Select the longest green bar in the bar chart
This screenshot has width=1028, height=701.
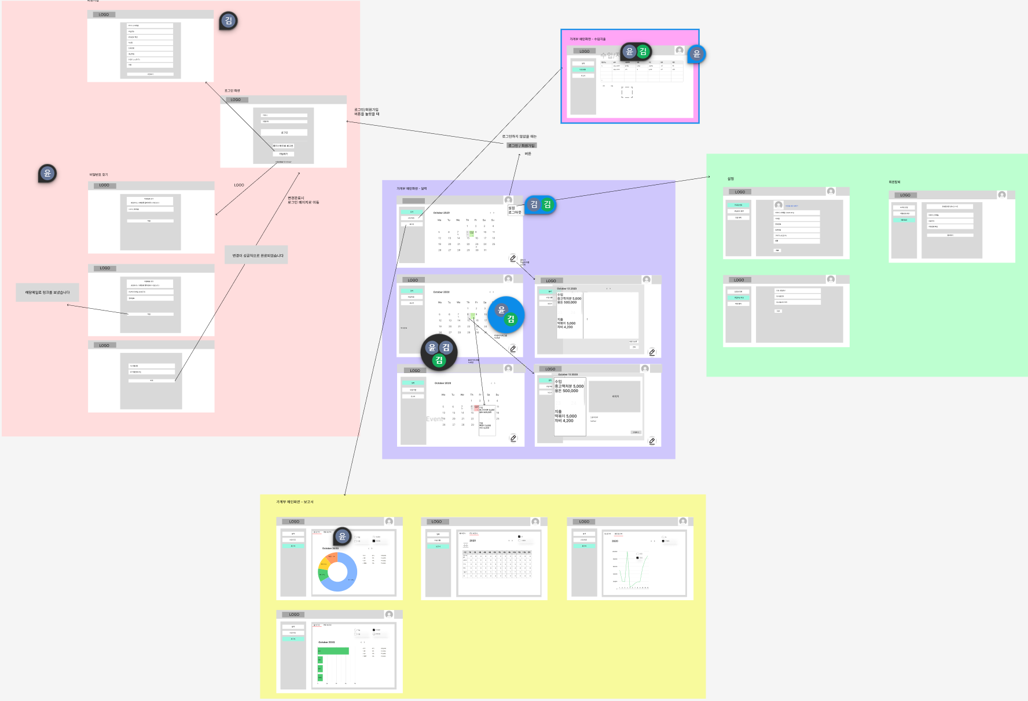(x=333, y=651)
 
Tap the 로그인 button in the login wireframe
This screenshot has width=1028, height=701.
(x=284, y=133)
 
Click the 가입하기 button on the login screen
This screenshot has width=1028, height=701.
(x=284, y=154)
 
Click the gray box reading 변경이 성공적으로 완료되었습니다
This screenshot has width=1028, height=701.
(x=256, y=255)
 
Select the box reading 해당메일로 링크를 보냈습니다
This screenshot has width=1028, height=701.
(x=47, y=293)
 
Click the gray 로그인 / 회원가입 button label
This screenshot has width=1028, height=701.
(x=522, y=145)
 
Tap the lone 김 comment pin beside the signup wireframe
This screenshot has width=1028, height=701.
(x=229, y=21)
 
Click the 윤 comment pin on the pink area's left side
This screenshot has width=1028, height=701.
(x=47, y=173)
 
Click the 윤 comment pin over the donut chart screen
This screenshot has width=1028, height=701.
(x=342, y=536)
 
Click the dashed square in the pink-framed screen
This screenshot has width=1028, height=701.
(x=627, y=92)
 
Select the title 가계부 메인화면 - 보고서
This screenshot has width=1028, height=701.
(x=295, y=502)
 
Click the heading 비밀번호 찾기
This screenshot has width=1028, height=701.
(x=98, y=174)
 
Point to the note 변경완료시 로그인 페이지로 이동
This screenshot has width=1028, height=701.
(x=303, y=200)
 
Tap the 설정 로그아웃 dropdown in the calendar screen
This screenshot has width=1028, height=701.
(x=515, y=210)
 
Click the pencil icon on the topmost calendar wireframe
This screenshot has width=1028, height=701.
(x=513, y=258)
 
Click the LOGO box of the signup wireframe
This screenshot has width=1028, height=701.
(x=104, y=14)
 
